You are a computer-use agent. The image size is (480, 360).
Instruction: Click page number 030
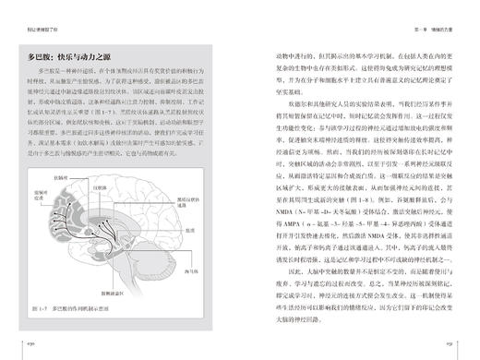(x=29, y=349)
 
